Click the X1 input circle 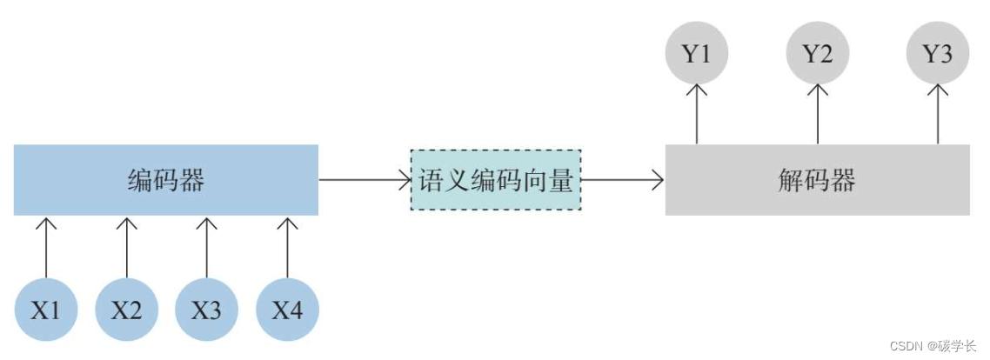pyautogui.click(x=46, y=310)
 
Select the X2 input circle pyautogui.click(x=126, y=310)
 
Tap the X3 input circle pyautogui.click(x=206, y=310)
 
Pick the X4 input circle pyautogui.click(x=287, y=310)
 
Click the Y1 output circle pyautogui.click(x=696, y=54)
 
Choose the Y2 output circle pyautogui.click(x=817, y=54)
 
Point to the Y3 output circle pyautogui.click(x=937, y=54)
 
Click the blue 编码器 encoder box pyautogui.click(x=165, y=180)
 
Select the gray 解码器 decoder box pyautogui.click(x=817, y=180)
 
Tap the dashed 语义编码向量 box pyautogui.click(x=496, y=180)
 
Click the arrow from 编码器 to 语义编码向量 pyautogui.click(x=365, y=180)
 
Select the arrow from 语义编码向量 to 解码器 pyautogui.click(x=623, y=180)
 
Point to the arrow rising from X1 pyautogui.click(x=46, y=247)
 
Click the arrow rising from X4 pyautogui.click(x=287, y=247)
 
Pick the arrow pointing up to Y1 pyautogui.click(x=696, y=113)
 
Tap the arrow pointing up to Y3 pyautogui.click(x=937, y=113)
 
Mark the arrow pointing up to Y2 pyautogui.click(x=817, y=113)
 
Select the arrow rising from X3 pyautogui.click(x=206, y=247)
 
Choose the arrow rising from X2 pyautogui.click(x=126, y=247)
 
